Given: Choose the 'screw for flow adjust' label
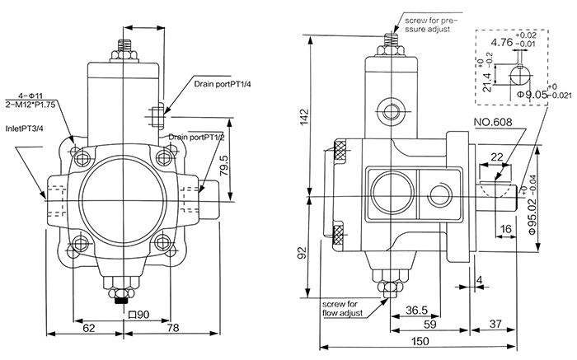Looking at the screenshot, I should (340, 307).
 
